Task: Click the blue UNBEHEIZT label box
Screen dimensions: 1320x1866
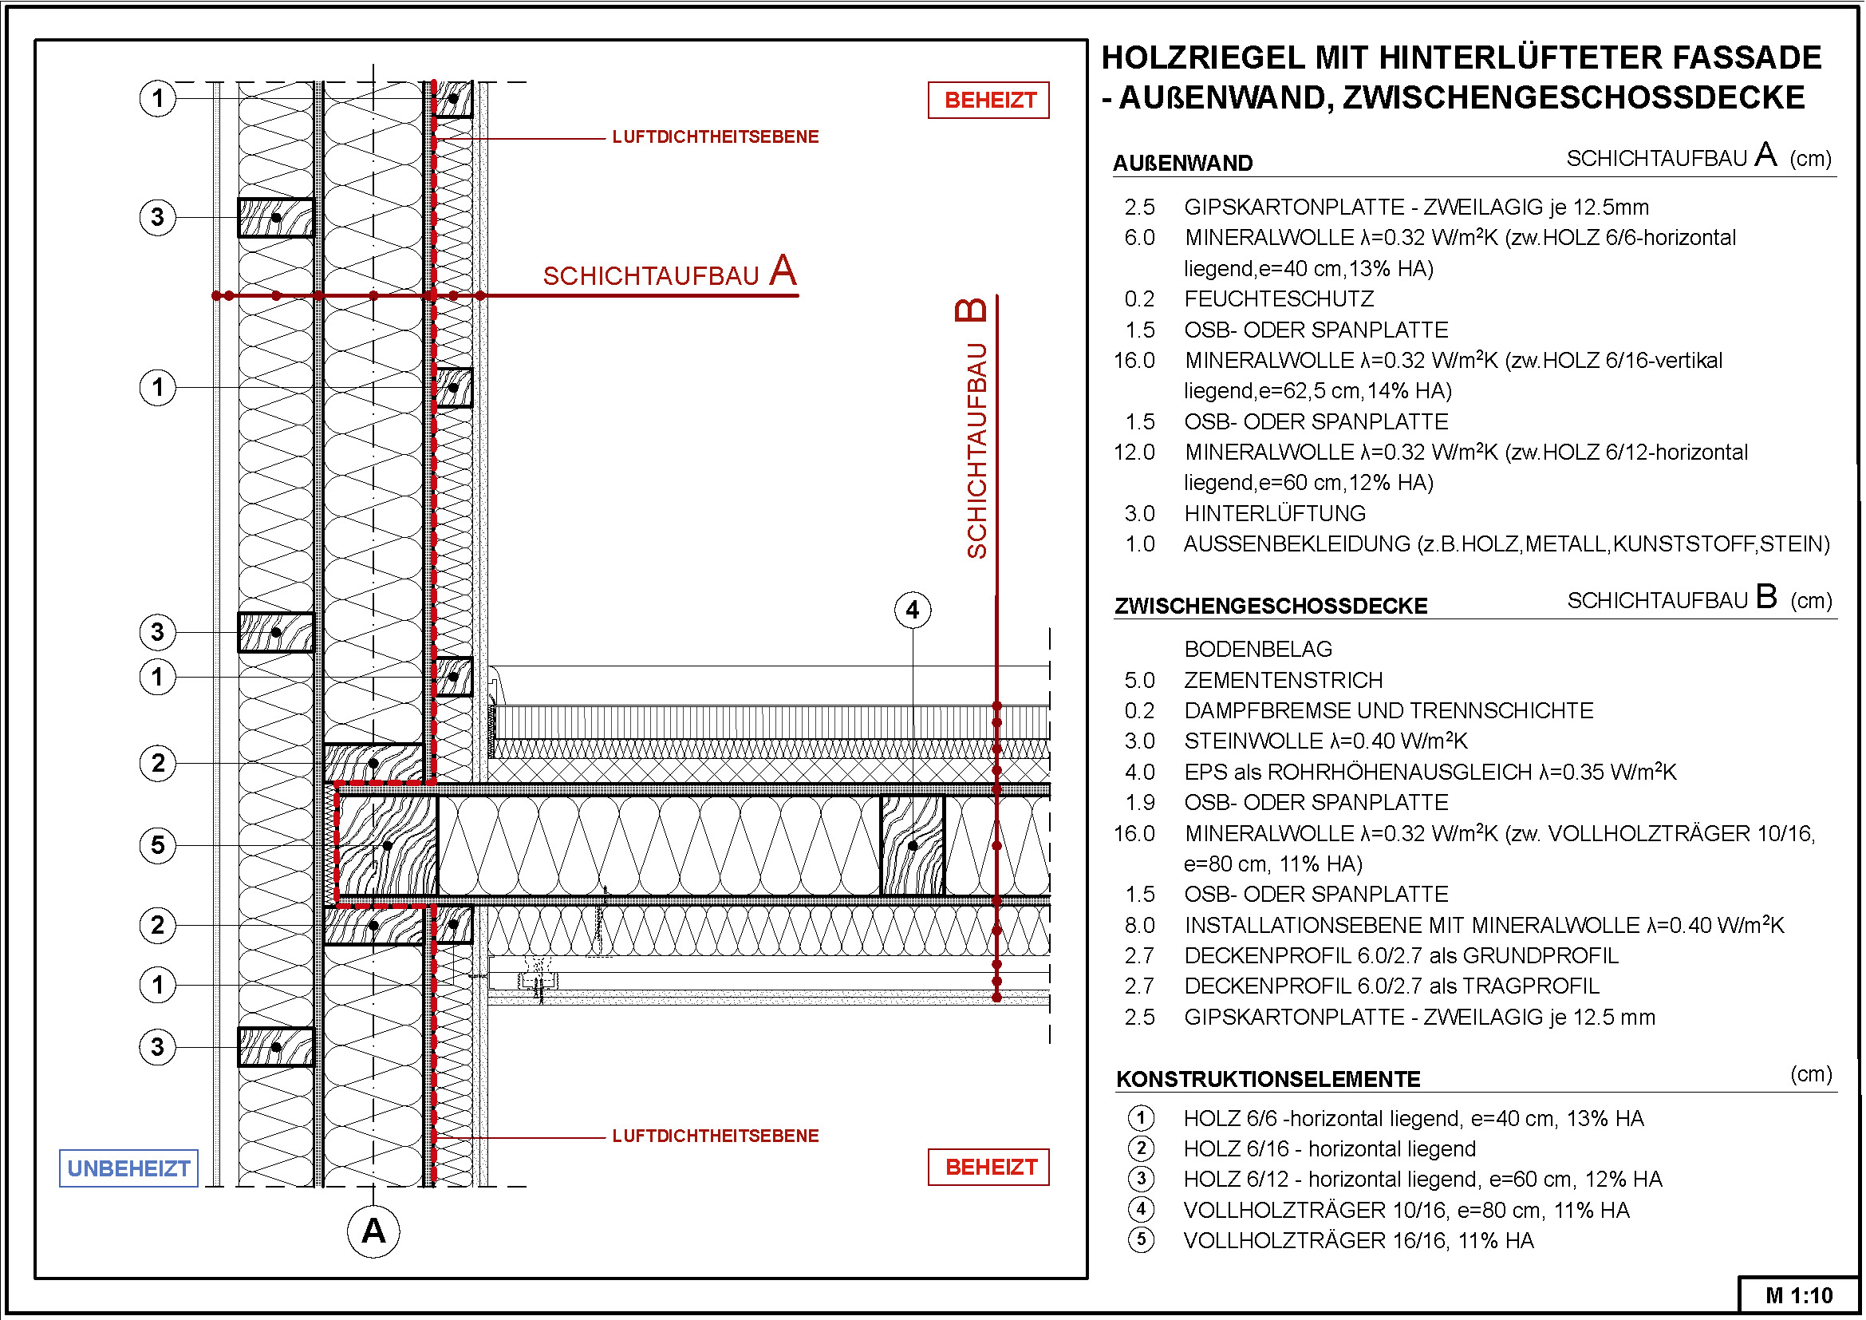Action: (128, 1168)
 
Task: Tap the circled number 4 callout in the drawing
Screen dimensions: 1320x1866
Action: (912, 610)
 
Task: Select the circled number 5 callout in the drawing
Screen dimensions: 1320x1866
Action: (158, 845)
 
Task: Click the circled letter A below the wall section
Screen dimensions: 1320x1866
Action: (373, 1231)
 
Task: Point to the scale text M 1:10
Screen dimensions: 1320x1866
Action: (1799, 1295)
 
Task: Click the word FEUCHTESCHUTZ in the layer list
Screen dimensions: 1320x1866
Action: (1278, 299)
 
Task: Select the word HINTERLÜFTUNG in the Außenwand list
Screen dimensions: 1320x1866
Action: (1274, 514)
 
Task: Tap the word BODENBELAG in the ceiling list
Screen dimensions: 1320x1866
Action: (1258, 650)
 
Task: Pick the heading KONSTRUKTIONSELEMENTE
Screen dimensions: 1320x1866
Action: (1268, 1080)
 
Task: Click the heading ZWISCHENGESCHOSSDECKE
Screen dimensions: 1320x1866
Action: (1271, 607)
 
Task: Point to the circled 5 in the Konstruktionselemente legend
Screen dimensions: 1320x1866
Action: (1141, 1240)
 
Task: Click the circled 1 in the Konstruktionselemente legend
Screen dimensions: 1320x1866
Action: (1141, 1118)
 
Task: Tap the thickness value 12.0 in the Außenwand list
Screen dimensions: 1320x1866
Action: (1134, 453)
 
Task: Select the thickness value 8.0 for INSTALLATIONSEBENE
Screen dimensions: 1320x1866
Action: (1139, 926)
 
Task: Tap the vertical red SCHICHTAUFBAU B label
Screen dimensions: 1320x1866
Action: (975, 431)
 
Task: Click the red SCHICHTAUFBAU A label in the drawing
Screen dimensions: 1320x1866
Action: (669, 273)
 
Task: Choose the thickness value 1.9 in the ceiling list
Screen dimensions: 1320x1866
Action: (1140, 803)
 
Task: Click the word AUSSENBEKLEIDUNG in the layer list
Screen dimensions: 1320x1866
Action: (1296, 544)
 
